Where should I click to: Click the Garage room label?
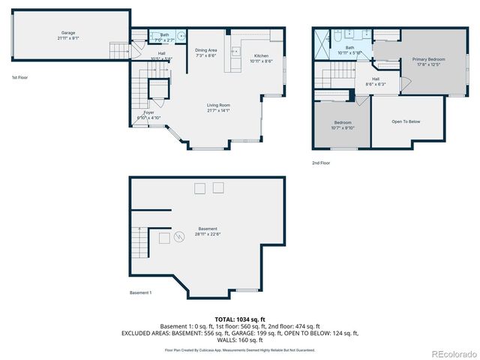(x=68, y=33)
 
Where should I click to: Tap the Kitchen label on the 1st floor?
(x=261, y=56)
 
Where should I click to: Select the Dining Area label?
(x=206, y=51)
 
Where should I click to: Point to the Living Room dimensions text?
(x=219, y=111)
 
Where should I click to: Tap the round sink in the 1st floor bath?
(x=181, y=34)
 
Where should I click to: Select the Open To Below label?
(x=406, y=121)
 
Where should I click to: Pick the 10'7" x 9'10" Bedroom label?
(x=342, y=124)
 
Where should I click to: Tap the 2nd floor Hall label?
(x=375, y=81)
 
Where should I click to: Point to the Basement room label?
(x=208, y=229)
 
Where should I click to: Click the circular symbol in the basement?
(x=179, y=237)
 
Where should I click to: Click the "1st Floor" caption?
(x=19, y=78)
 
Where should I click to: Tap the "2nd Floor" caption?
(x=321, y=162)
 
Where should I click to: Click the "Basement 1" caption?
(x=140, y=292)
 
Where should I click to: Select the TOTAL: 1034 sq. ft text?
(x=240, y=318)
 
